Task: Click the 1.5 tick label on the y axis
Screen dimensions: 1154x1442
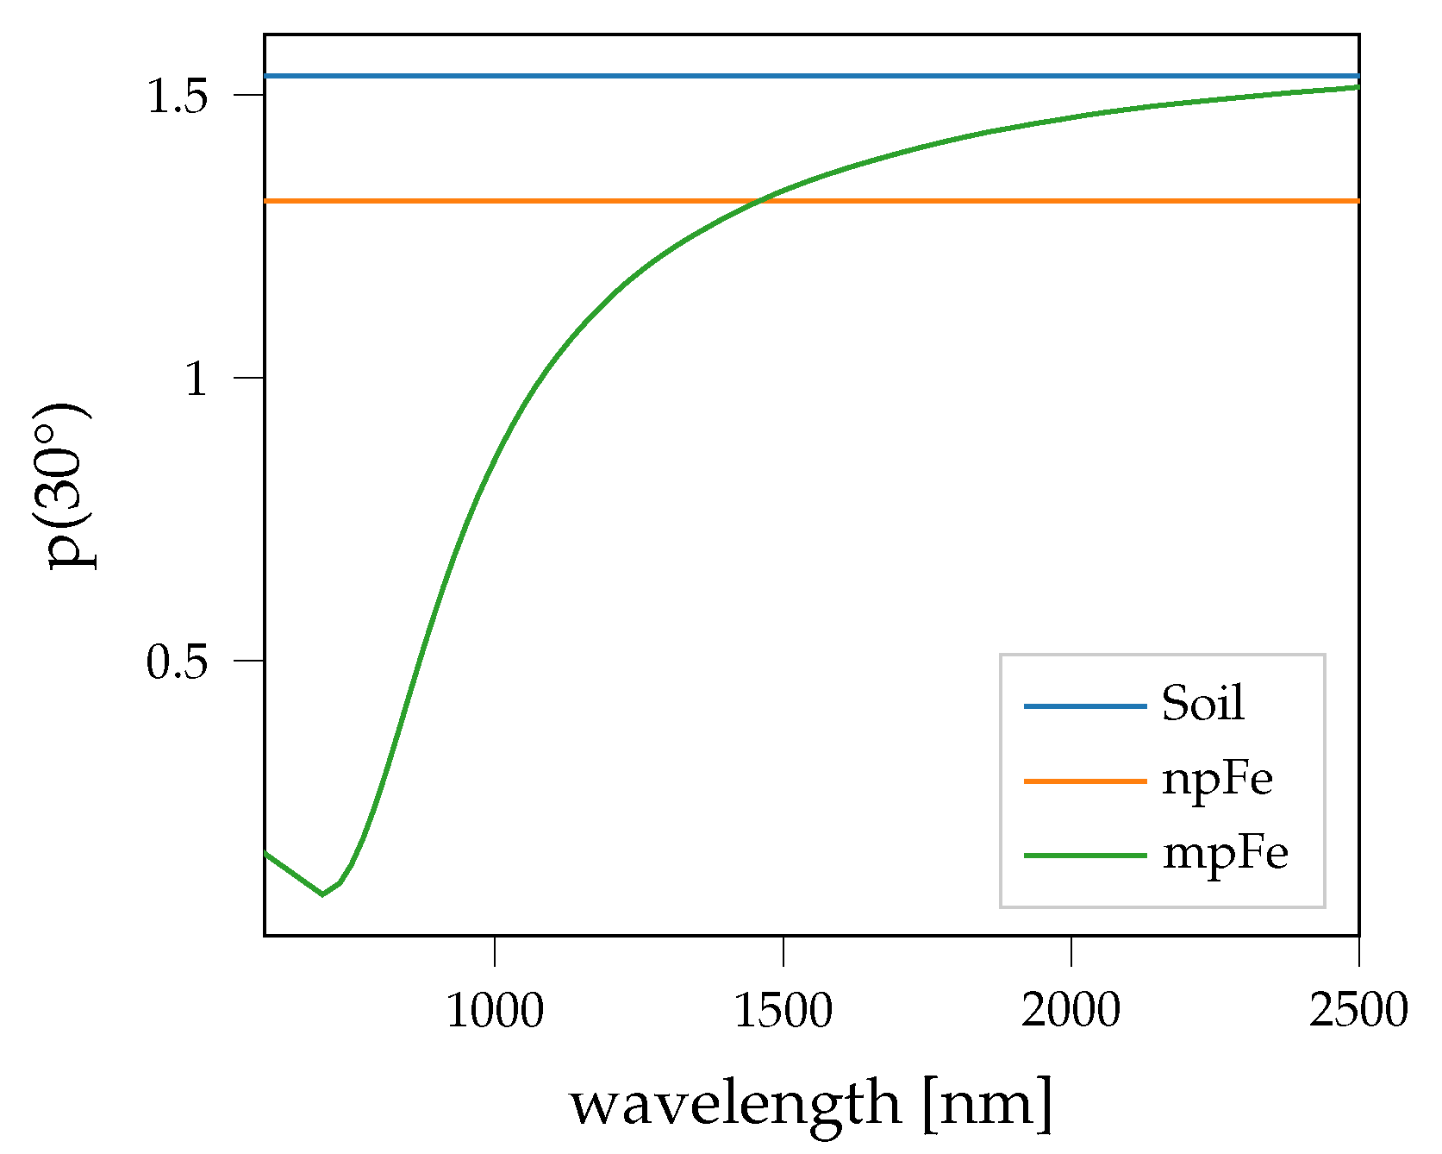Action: point(178,97)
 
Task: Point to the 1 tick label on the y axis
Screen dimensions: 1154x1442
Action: point(197,379)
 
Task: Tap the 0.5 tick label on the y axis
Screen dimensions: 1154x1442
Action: point(178,662)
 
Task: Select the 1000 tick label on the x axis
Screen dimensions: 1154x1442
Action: point(495,1010)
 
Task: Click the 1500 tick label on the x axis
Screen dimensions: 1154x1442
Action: point(783,1010)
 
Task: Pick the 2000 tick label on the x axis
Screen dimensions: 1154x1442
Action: point(1071,1010)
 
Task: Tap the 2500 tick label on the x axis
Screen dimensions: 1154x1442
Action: point(1358,1010)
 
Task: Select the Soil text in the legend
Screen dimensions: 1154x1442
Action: point(1202,703)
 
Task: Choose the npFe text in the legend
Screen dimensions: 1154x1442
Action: point(1217,779)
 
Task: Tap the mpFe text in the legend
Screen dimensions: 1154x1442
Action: point(1225,854)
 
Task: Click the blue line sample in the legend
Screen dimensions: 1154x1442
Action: point(1084,706)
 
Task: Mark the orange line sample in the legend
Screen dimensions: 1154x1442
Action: point(1084,781)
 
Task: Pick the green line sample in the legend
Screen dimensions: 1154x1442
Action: point(1084,856)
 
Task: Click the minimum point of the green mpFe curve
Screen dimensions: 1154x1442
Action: point(322,894)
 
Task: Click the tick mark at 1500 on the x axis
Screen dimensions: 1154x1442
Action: point(783,950)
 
